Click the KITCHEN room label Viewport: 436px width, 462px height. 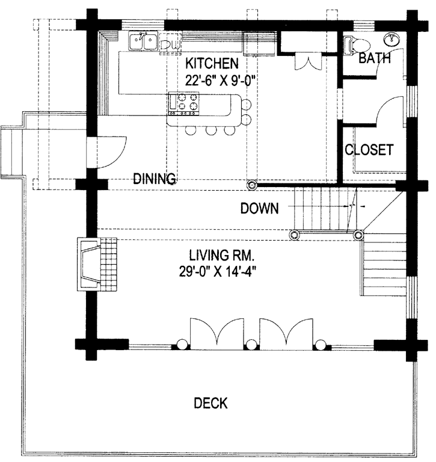(x=212, y=63)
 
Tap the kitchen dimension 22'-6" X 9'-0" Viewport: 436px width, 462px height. (x=220, y=80)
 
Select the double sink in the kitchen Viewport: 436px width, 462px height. (x=143, y=41)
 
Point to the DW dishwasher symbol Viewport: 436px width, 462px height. (x=170, y=44)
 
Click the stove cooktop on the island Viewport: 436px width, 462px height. (x=183, y=103)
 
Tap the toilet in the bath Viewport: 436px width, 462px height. (x=357, y=46)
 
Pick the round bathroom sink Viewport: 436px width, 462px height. (x=392, y=40)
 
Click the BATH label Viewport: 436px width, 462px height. (x=375, y=58)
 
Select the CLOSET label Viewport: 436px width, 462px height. (x=369, y=150)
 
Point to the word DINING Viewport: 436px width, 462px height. (x=155, y=179)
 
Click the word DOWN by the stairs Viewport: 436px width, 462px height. (x=259, y=208)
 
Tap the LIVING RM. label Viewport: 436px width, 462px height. (x=221, y=255)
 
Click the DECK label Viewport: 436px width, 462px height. (x=210, y=403)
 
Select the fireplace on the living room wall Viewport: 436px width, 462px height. (x=88, y=264)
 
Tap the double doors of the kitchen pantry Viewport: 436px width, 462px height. (x=308, y=61)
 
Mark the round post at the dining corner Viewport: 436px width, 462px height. (x=252, y=185)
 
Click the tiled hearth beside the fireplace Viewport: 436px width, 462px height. (x=109, y=264)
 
